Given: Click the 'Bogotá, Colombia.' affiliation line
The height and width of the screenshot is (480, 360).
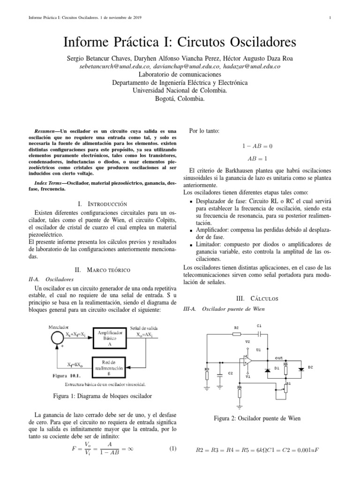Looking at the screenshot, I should pyautogui.click(x=180, y=99).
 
